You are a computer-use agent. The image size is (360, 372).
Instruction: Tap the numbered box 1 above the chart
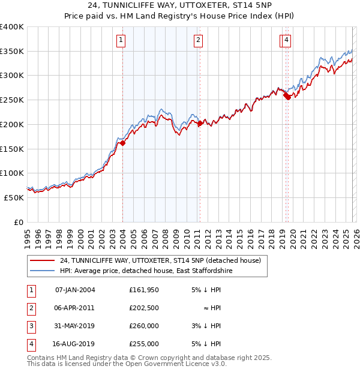pos(121,40)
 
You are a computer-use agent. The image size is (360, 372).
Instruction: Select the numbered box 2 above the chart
pos(198,40)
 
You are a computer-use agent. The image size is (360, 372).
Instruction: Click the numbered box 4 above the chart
pos(287,40)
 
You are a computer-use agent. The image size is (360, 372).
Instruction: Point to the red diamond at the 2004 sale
pos(122,143)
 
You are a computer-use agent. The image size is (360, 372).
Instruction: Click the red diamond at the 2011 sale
pos(200,124)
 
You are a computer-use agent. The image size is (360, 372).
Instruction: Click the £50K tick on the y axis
pos(14,197)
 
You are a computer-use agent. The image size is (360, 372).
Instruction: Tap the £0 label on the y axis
pos(19,222)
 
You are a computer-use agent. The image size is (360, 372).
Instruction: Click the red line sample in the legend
pos(42,261)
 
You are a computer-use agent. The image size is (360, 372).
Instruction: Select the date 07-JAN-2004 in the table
pos(75,290)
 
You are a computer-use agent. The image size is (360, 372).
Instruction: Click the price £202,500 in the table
pos(144,308)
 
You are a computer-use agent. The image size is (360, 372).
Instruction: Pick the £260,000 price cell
pos(144,326)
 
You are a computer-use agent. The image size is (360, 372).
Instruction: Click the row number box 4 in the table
pos(30,344)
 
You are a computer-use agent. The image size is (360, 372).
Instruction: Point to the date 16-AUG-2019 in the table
pos(75,344)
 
